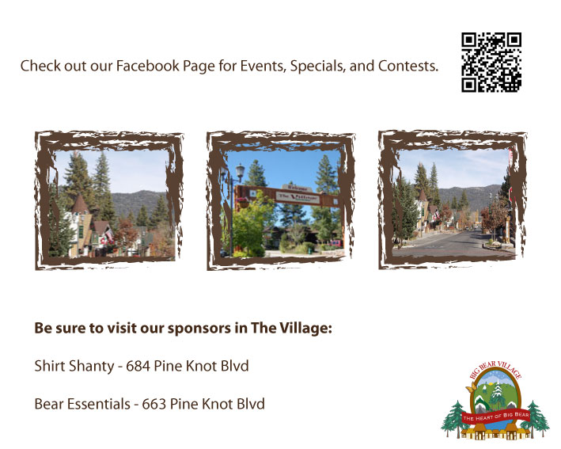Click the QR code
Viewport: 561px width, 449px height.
(x=491, y=63)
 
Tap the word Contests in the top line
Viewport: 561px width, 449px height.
(x=405, y=66)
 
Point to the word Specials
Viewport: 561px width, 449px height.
(x=316, y=66)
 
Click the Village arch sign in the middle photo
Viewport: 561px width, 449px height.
(x=282, y=192)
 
